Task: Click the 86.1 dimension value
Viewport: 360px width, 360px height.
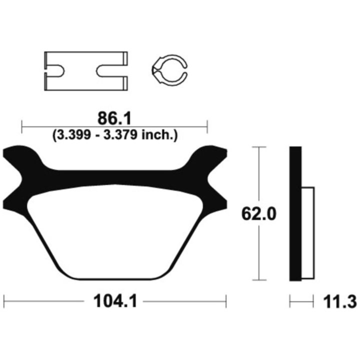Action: [x=114, y=118]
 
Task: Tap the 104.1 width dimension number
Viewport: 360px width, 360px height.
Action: [x=115, y=301]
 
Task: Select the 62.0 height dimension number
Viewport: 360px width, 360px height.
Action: [x=259, y=214]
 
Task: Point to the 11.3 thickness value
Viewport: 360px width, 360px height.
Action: [x=340, y=301]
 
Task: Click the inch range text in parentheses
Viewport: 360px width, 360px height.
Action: [x=115, y=135]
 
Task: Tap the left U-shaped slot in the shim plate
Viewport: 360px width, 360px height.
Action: [x=55, y=71]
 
